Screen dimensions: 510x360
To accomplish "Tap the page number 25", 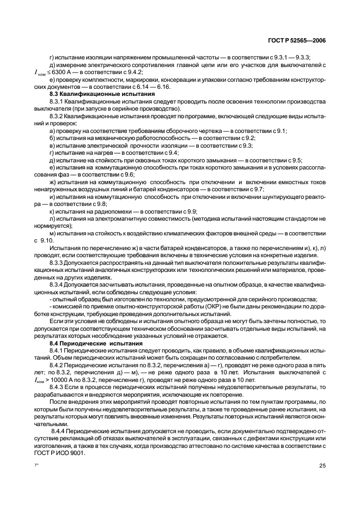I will click(322, 465).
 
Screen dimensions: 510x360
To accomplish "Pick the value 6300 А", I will click(68, 72).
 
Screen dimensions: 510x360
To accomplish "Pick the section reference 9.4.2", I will click(133, 72).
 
